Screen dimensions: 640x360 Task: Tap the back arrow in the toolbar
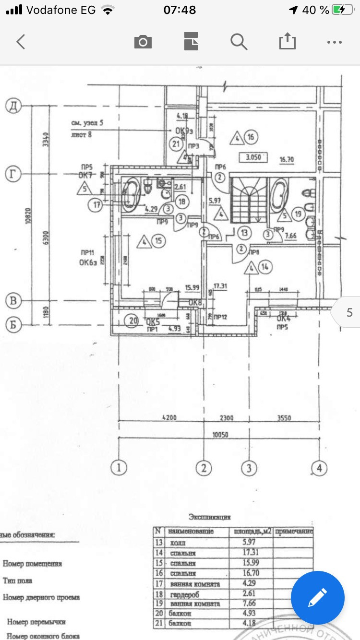pos(20,42)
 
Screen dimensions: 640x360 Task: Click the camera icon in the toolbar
pos(143,42)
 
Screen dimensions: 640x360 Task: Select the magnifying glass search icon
pos(239,42)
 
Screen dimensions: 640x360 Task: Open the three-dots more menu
pos(334,42)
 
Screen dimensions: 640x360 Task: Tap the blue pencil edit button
pos(317,598)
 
